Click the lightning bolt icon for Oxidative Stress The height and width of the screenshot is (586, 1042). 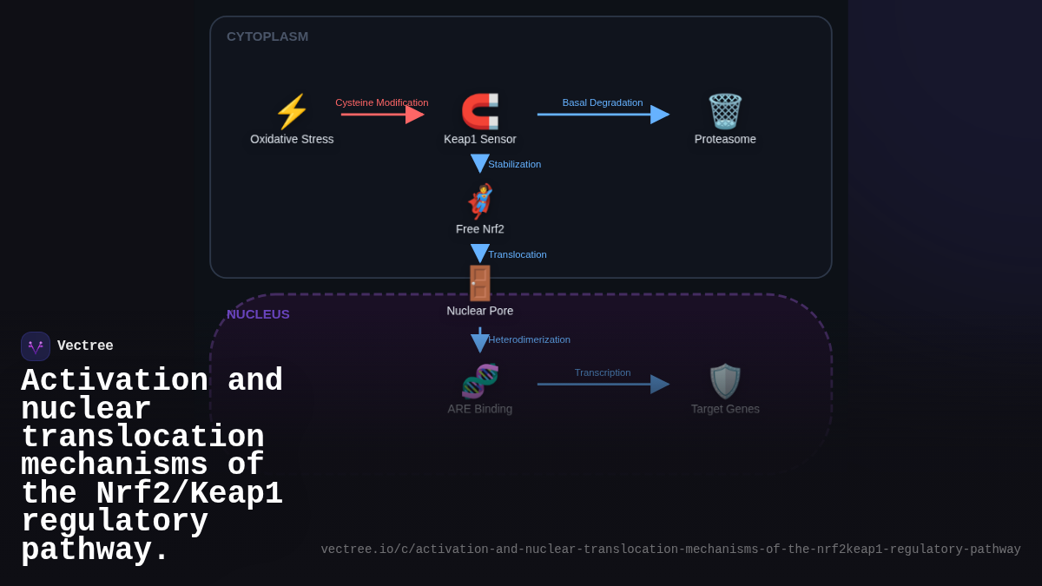[292, 112]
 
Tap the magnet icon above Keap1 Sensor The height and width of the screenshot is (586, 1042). [480, 112]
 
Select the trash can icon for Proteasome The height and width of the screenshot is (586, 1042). [725, 112]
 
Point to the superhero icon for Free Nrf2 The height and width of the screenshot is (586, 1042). [480, 201]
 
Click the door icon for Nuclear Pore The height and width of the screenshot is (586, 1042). [480, 283]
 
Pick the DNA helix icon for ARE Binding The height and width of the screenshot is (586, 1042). [480, 381]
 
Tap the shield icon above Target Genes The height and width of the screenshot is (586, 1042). [725, 381]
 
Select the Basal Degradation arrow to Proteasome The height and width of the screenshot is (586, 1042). [603, 115]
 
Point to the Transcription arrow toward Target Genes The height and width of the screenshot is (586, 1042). [603, 384]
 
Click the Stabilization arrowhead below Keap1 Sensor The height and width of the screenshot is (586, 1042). [480, 163]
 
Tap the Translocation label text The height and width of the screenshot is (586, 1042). [518, 254]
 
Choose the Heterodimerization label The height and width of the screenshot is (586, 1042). [529, 339]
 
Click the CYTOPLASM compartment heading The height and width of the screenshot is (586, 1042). [267, 36]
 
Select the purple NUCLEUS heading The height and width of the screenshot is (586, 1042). [258, 314]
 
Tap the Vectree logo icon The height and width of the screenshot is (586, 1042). [36, 346]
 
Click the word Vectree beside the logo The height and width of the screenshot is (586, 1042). [85, 346]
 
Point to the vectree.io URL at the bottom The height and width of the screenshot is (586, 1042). [670, 550]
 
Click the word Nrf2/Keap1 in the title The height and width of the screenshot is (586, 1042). [189, 494]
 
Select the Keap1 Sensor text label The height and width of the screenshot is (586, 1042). [480, 139]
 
